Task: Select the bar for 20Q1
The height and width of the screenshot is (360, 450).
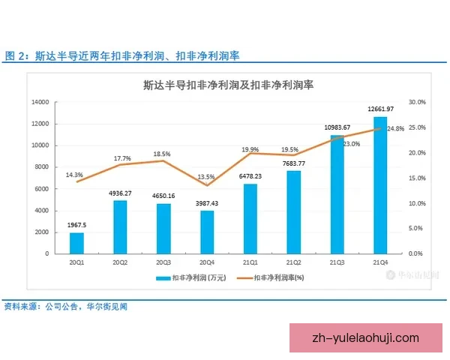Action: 76,243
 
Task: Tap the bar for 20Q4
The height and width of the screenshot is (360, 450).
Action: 207,232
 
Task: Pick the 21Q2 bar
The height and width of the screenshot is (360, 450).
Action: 293,212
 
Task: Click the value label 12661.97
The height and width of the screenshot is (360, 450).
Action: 380,109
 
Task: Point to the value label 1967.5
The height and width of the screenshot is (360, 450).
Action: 76,224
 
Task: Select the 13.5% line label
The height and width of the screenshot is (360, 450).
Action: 207,177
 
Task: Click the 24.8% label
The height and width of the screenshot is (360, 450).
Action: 396,129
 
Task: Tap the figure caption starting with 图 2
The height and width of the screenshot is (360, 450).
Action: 124,56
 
